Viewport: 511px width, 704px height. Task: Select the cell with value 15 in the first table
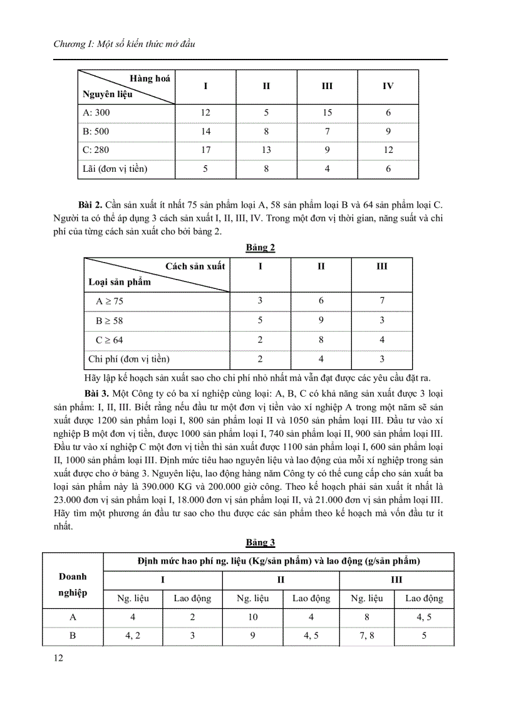click(x=327, y=113)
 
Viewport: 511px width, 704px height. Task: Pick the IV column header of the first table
click(x=388, y=86)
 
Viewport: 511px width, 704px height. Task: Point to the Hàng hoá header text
click(x=150, y=78)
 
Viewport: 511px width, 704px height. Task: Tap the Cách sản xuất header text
click(x=195, y=266)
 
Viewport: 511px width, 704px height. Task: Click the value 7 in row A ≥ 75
click(x=381, y=301)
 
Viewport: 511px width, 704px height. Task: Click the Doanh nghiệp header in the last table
click(x=73, y=584)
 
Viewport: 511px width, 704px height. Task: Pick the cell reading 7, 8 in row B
click(x=366, y=636)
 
